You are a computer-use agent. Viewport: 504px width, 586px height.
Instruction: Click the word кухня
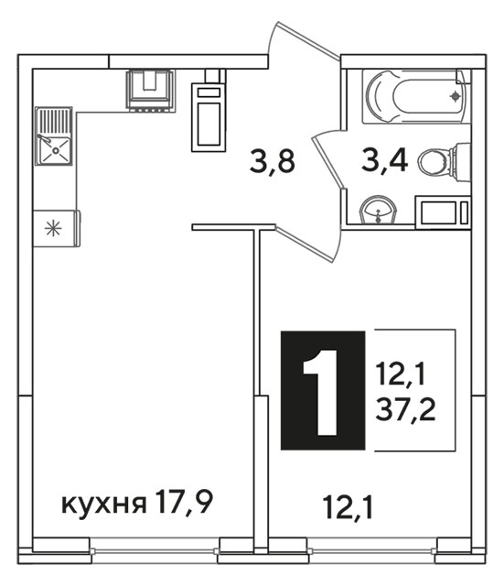103,505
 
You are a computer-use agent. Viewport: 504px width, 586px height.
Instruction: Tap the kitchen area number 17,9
185,502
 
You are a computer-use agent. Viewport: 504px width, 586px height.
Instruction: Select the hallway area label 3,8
273,162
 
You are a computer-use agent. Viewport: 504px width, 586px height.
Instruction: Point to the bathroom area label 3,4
384,160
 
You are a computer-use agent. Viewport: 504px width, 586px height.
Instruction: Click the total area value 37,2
405,409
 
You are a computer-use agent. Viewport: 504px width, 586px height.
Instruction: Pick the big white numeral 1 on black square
321,393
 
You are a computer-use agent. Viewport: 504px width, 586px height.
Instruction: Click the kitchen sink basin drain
56,150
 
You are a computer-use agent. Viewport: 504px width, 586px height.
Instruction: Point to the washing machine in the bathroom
443,212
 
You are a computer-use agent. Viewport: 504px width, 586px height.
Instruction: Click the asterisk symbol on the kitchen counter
53,229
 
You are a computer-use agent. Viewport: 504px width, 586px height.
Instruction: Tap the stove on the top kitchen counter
150,91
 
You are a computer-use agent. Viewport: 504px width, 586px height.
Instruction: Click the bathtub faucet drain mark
456,96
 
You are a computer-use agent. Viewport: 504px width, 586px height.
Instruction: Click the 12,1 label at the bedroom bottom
349,507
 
